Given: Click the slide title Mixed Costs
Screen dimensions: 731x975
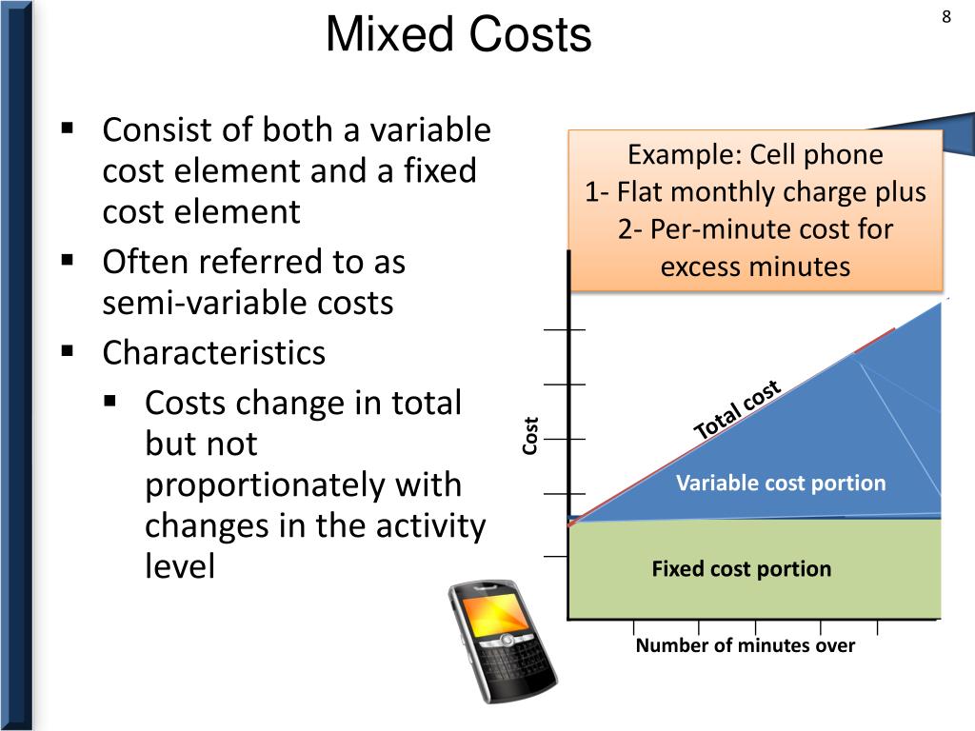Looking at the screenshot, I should (x=458, y=36).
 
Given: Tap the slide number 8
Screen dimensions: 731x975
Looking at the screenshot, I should (x=946, y=17).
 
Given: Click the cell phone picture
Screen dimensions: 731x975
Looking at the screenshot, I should (x=501, y=639).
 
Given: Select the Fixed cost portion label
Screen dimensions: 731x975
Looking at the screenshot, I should (x=741, y=569).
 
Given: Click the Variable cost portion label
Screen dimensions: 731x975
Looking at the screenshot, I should (x=781, y=483).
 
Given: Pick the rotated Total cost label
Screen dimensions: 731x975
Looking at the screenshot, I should (x=737, y=410).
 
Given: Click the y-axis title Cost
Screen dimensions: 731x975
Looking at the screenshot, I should (x=530, y=435).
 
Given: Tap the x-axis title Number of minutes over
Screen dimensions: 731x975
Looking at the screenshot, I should (x=746, y=645).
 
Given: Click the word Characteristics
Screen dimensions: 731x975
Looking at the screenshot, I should (x=214, y=352).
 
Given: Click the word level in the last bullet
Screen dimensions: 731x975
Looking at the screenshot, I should (x=180, y=566).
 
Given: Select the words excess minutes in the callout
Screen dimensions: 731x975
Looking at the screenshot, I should (x=755, y=267).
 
